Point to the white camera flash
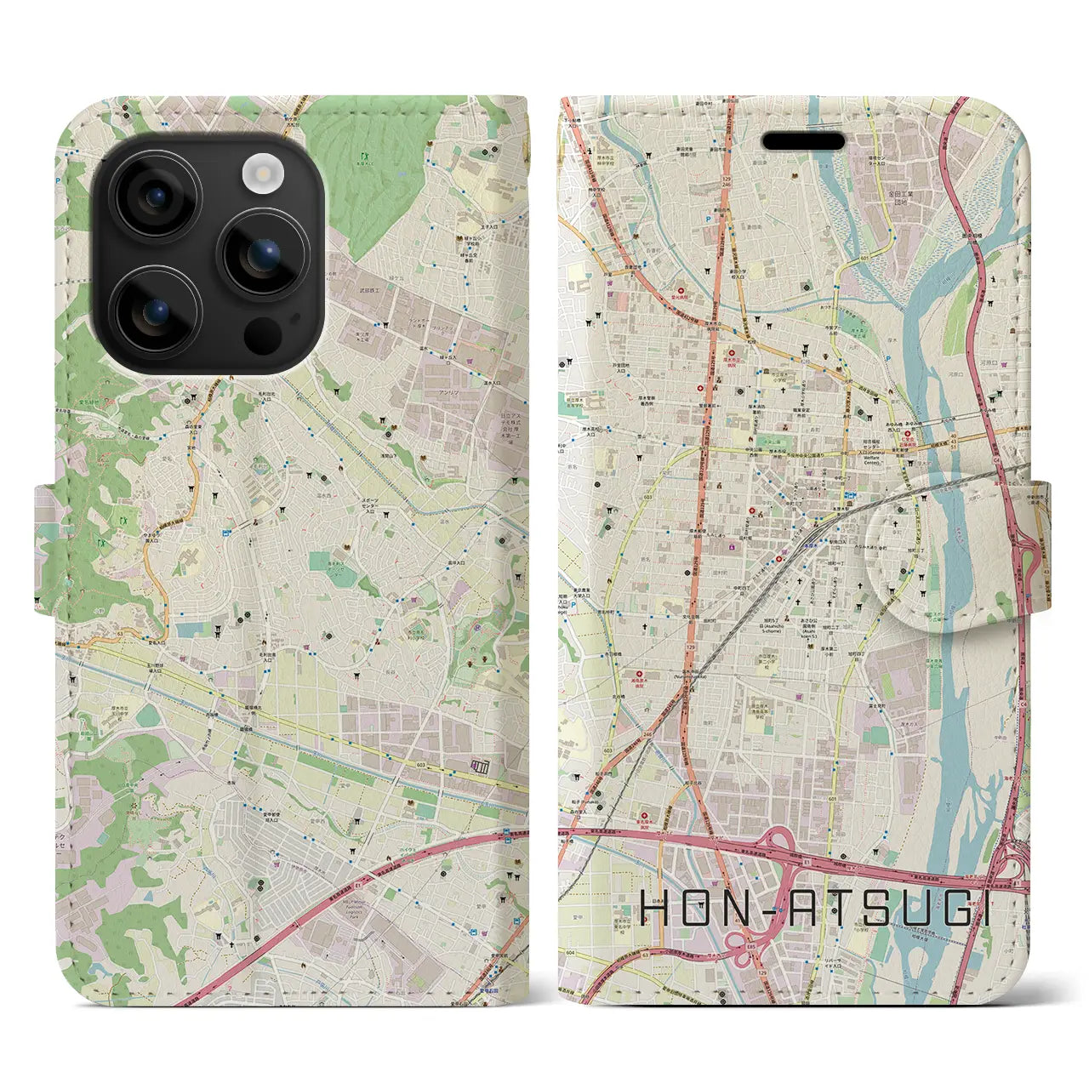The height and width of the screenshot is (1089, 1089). click(262, 174)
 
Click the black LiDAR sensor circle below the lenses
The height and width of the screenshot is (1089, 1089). click(262, 336)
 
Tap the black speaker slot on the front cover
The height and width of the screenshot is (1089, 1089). click(802, 141)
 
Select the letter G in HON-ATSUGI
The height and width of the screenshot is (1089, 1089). click(942, 910)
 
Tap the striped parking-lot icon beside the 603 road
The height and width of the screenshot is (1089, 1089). click(482, 767)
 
